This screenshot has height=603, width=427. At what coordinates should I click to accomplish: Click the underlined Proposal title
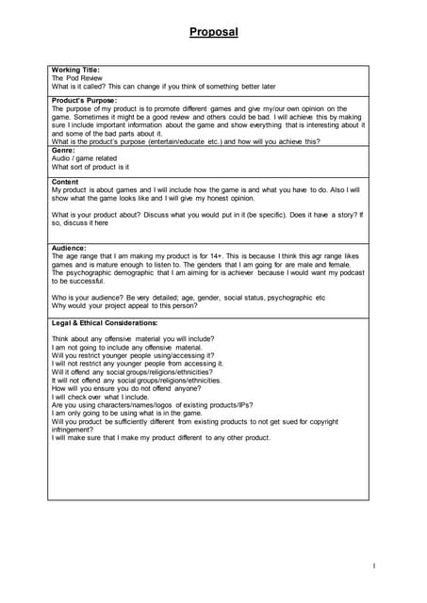(213, 32)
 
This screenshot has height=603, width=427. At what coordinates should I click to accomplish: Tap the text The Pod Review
(77, 78)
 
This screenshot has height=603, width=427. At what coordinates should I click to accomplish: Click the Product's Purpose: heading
(86, 100)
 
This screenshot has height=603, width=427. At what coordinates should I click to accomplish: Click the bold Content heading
(65, 181)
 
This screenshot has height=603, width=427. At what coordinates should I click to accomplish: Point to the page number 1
(373, 566)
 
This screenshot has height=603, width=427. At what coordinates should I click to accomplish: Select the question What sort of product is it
(90, 167)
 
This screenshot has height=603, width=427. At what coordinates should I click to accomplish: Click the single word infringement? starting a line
(73, 430)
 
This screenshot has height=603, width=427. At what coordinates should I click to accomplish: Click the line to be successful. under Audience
(78, 281)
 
